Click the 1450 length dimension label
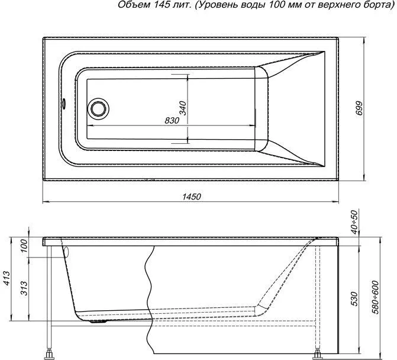pyautogui.click(x=192, y=197)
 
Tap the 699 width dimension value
pyautogui.click(x=359, y=108)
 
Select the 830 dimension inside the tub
pyautogui.click(x=172, y=121)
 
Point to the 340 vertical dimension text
pyautogui.click(x=182, y=108)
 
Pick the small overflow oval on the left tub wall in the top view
pyautogui.click(x=64, y=104)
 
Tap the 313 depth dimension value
pyautogui.click(x=24, y=288)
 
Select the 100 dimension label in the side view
pyautogui.click(x=24, y=246)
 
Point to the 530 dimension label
pyautogui.click(x=355, y=299)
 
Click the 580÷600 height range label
pyautogui.click(x=376, y=297)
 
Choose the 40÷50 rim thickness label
pyautogui.click(x=355, y=222)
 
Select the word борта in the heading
pyautogui.click(x=376, y=5)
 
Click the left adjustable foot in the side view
pyautogui.click(x=49, y=353)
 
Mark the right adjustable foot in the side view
pyautogui.click(x=317, y=354)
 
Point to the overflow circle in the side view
pyautogui.click(x=67, y=252)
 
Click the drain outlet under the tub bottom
pyautogui.click(x=98, y=322)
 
